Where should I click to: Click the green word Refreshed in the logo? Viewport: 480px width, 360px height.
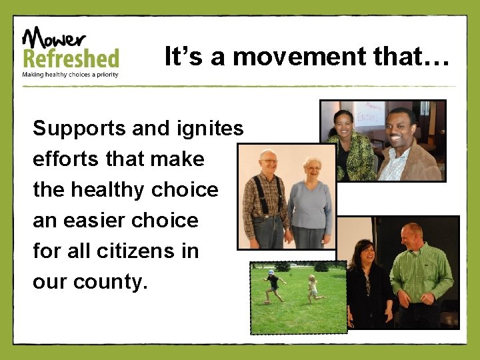71,58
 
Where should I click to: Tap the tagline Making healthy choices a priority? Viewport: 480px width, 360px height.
71,75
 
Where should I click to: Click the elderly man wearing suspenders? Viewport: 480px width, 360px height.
266,200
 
